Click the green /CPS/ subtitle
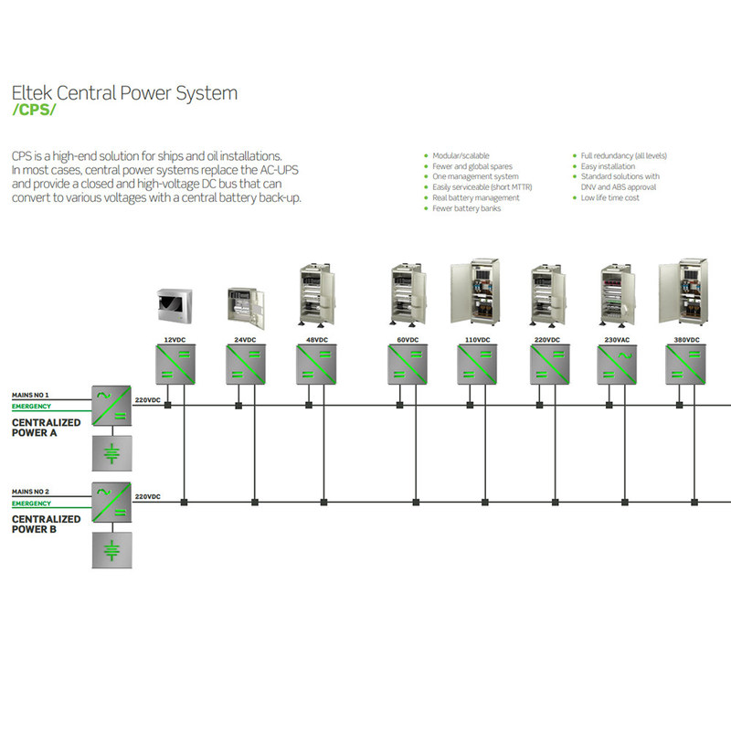pos(33,111)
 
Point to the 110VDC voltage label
pos(477,340)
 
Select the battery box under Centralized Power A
pos(112,453)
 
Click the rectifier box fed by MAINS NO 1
pos(112,405)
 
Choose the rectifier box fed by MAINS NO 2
pos(112,502)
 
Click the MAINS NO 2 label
pos(30,492)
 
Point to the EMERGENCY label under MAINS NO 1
pos(31,406)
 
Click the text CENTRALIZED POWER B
pos(46,524)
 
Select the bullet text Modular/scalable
pos(460,156)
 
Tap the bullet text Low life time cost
pos(610,197)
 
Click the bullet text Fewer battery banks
pos(466,208)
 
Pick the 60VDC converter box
pos(408,365)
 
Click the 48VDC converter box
pos(316,365)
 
